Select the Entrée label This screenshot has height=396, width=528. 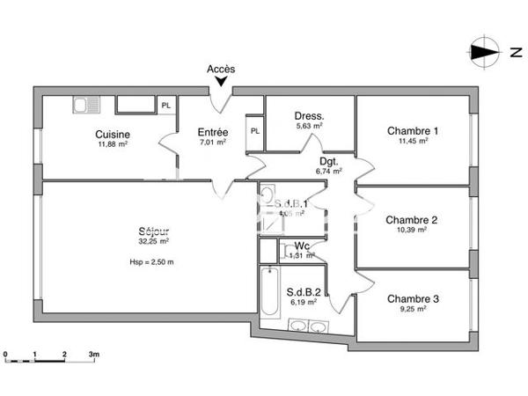coord(213,132)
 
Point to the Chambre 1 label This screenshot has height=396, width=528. coord(413,131)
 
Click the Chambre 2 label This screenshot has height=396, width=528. coord(413,220)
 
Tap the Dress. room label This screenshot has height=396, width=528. coord(309,115)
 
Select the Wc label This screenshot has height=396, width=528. coord(302,246)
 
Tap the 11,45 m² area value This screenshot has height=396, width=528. coord(413,141)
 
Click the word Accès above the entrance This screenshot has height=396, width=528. coord(221,69)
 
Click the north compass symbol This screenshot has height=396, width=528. coord(483,52)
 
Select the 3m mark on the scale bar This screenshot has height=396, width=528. coord(93,355)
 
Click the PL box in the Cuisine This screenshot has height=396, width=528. coord(166,106)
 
